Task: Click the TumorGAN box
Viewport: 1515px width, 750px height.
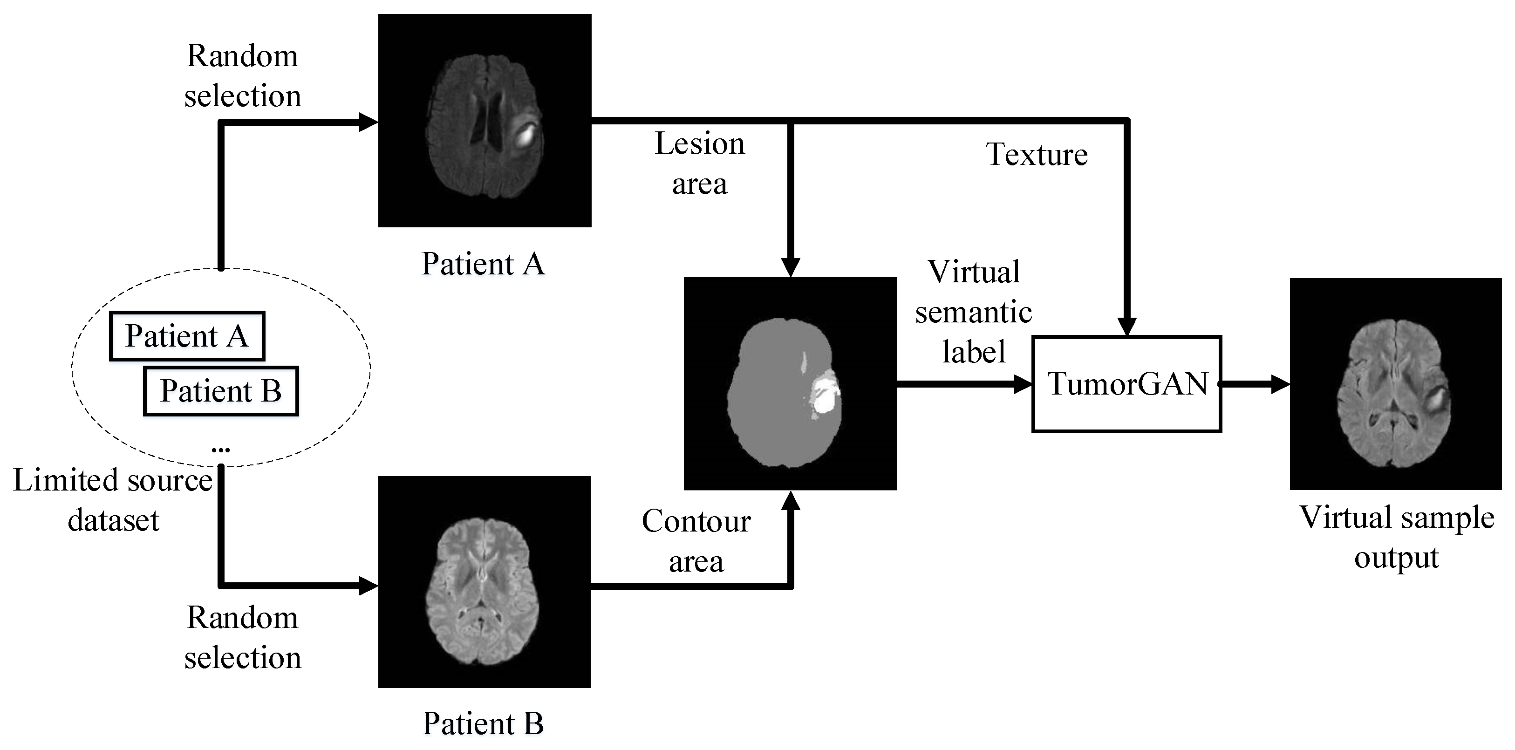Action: pos(1126,384)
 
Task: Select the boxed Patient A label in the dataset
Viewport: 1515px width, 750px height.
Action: pos(187,336)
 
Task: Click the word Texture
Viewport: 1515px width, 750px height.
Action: pos(1037,155)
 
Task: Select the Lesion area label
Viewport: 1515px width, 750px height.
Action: pos(699,164)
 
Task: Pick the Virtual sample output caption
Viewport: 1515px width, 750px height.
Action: pos(1396,537)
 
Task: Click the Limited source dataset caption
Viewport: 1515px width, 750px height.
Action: pos(113,500)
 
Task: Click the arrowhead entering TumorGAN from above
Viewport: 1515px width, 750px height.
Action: pos(1127,327)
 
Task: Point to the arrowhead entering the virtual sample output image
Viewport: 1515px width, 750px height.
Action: pos(1280,384)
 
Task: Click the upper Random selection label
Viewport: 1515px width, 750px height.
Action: pos(242,76)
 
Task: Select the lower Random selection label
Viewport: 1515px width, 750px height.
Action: pos(242,638)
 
